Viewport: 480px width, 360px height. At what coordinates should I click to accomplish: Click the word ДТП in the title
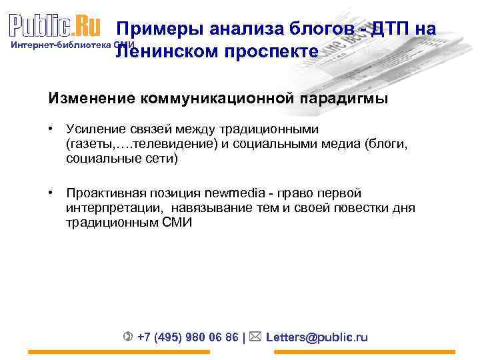point(394,29)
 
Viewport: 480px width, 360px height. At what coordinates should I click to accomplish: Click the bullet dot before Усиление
point(51,128)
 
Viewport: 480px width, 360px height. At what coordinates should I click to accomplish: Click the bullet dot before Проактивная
point(51,193)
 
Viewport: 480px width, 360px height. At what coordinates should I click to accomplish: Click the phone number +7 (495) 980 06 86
point(188,337)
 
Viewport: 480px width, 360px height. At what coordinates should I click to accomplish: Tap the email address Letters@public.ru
point(317,337)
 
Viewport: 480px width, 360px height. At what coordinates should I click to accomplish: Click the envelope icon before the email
point(257,337)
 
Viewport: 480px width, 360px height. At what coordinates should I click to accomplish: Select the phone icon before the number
point(128,337)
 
